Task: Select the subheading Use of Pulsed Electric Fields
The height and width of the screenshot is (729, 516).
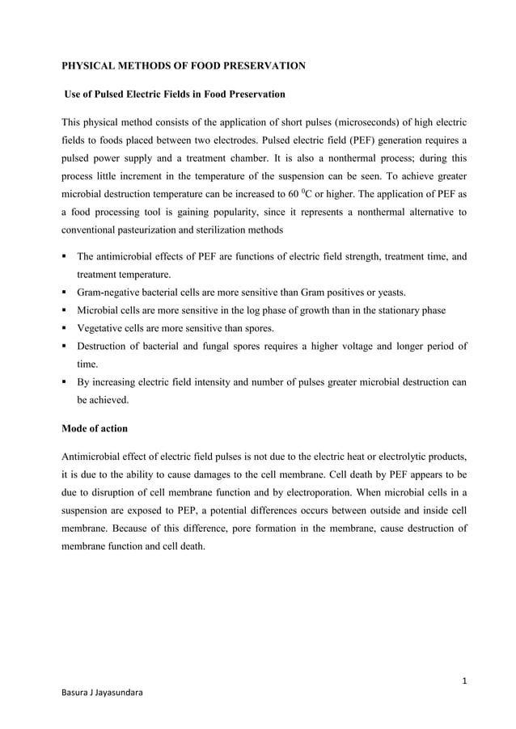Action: click(175, 95)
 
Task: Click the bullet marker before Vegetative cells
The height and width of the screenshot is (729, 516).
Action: click(66, 329)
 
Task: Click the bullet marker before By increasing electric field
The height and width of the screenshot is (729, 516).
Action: click(66, 384)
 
